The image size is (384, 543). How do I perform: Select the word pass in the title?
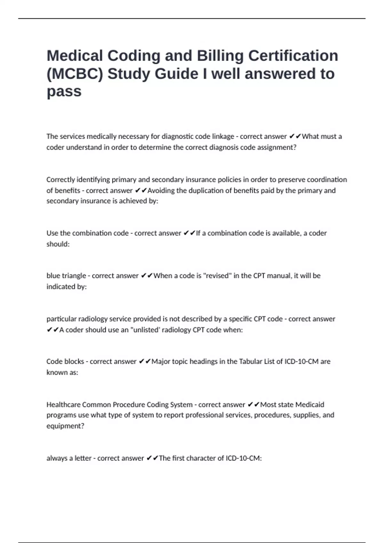tap(64, 91)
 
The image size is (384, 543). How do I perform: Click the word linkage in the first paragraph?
tap(223, 136)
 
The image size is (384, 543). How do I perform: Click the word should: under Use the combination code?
tap(58, 244)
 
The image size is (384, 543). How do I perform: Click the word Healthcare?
tap(63, 405)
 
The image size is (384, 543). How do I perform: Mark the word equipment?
tap(65, 426)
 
